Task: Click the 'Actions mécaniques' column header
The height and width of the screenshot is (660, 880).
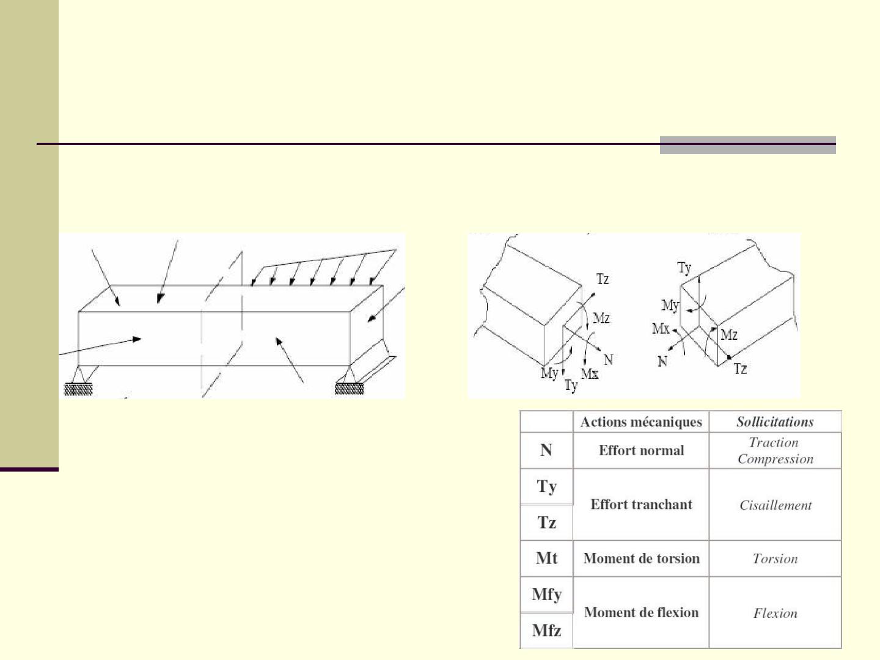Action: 641,422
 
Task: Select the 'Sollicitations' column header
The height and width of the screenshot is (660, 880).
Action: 775,422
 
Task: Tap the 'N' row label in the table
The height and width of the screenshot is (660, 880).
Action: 546,450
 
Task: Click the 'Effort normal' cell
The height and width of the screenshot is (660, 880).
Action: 641,450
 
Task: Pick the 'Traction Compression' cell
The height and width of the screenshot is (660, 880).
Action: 775,450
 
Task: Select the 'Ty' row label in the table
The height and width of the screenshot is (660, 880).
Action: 546,487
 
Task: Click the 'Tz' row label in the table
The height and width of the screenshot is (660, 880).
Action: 546,522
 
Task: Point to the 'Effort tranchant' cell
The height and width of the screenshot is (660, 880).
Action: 641,505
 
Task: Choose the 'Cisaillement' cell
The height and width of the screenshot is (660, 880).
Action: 776,505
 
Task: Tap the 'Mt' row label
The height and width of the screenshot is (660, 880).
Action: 546,558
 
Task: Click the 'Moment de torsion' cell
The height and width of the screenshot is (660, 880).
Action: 642,559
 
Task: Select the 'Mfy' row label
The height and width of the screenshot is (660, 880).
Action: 546,595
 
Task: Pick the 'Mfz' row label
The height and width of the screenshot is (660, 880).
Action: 546,631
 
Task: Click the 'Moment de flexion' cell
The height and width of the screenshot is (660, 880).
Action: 641,613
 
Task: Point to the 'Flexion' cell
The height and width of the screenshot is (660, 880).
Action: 775,614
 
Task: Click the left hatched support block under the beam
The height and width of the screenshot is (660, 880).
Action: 78,389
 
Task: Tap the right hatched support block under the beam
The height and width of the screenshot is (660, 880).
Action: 350,388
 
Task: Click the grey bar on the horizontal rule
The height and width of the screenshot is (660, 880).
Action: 748,145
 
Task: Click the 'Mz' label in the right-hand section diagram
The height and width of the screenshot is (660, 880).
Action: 729,335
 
